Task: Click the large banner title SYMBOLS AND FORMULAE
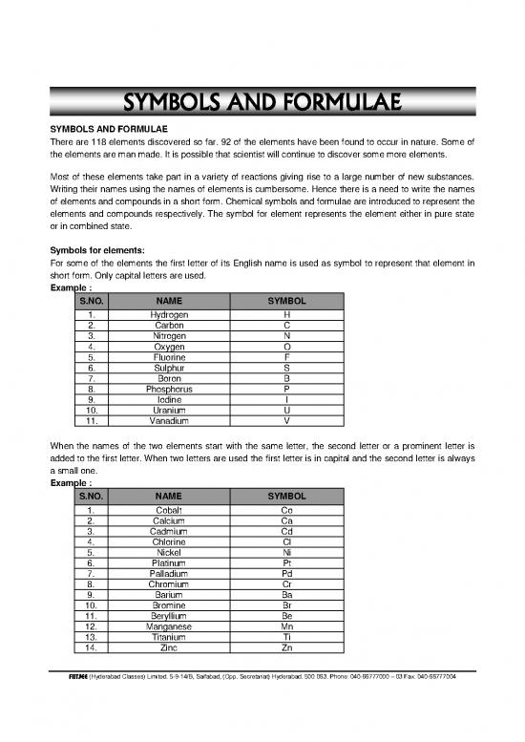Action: click(x=262, y=101)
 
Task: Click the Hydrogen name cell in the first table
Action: click(x=170, y=314)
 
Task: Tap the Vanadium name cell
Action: click(x=170, y=420)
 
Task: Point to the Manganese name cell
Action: click(x=170, y=626)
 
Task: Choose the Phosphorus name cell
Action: click(x=170, y=389)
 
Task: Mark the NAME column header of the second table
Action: click(x=170, y=498)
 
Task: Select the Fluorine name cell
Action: click(x=170, y=356)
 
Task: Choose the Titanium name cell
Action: click(x=170, y=637)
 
